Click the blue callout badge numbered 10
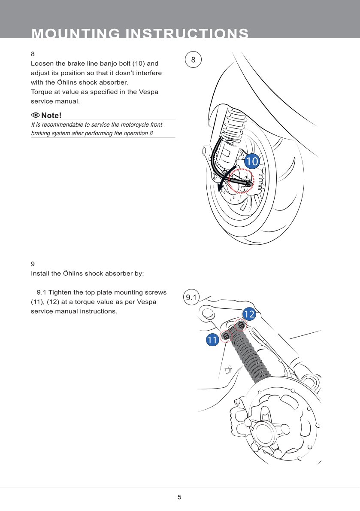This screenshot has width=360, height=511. click(x=252, y=161)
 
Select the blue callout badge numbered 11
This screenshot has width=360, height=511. click(x=212, y=340)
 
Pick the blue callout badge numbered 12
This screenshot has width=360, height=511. click(x=249, y=314)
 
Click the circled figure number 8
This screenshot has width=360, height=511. click(x=193, y=60)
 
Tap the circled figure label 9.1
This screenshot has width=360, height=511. click(x=191, y=297)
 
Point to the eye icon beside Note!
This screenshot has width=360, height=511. click(x=35, y=115)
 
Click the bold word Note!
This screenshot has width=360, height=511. click(x=51, y=116)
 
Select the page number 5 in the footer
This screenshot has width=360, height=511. click(x=179, y=497)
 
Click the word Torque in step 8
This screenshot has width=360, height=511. click(x=40, y=92)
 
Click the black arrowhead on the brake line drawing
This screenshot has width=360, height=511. click(x=221, y=188)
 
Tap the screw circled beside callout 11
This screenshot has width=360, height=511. click(x=226, y=336)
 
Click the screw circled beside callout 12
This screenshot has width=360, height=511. click(x=241, y=325)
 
